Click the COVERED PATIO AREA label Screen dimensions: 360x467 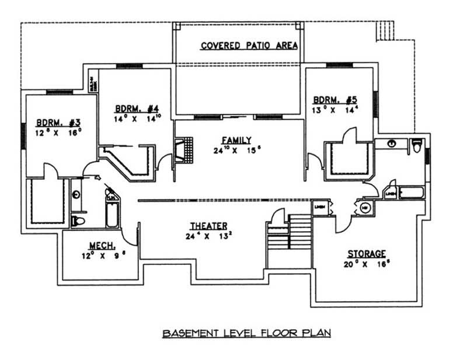(x=249, y=46)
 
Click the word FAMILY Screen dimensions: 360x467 (x=236, y=140)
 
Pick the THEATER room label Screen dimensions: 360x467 (x=208, y=226)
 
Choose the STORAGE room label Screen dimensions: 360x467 (x=367, y=254)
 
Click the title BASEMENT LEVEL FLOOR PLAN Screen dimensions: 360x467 (x=246, y=333)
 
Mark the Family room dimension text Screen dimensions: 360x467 (x=236, y=150)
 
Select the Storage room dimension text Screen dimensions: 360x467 (x=367, y=264)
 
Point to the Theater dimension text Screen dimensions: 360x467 (x=208, y=236)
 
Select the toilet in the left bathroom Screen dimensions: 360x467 (x=78, y=220)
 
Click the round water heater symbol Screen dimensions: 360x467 (x=365, y=208)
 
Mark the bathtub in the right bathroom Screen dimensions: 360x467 (x=412, y=193)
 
